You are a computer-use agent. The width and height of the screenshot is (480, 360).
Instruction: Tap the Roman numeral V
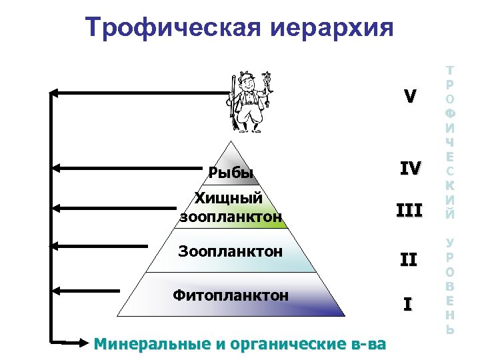(409, 97)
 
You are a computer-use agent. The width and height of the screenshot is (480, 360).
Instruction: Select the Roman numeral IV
(409, 169)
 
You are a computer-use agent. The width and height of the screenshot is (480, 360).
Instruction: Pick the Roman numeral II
(409, 259)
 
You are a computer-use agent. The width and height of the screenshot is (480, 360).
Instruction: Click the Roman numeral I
(408, 305)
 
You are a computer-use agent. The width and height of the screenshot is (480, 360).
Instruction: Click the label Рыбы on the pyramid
(231, 174)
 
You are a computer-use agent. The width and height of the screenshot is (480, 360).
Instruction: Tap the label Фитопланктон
(231, 295)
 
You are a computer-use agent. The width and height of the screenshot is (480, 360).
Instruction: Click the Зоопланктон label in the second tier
(231, 251)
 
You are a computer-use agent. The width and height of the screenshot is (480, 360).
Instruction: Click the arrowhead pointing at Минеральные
(79, 343)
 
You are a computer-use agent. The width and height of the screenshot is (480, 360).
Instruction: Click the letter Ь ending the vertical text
(451, 329)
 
